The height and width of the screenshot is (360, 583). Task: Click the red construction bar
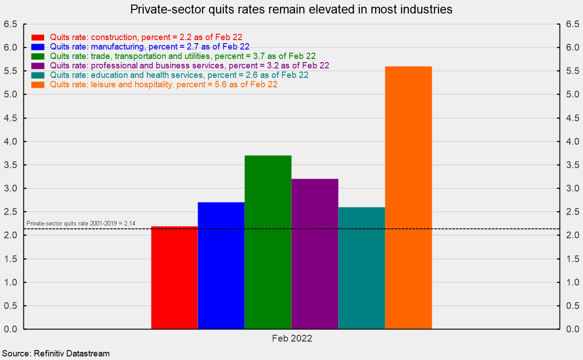click(x=174, y=278)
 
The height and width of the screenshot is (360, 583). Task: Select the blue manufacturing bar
click(x=221, y=265)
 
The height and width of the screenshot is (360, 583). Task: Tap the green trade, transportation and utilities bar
click(x=268, y=242)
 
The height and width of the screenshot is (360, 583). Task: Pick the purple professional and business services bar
click(x=315, y=254)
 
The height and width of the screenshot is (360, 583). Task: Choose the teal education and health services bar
click(x=362, y=268)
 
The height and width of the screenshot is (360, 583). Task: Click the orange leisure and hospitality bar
click(x=408, y=198)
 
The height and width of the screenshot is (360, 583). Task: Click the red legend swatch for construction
click(x=38, y=37)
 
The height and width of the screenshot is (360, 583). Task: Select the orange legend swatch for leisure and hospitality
click(x=38, y=85)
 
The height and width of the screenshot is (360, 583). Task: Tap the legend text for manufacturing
click(x=149, y=47)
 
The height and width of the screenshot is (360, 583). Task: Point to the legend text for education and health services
click(x=179, y=75)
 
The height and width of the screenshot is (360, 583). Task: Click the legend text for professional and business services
click(x=189, y=66)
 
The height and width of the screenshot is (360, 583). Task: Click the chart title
click(x=291, y=9)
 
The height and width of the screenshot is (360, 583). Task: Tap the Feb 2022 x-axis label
click(x=292, y=338)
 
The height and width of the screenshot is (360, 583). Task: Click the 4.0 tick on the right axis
click(x=572, y=142)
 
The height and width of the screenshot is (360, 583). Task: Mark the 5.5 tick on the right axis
click(x=572, y=71)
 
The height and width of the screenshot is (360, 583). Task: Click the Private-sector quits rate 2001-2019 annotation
click(x=81, y=223)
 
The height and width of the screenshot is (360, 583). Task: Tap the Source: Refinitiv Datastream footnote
click(x=56, y=354)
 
